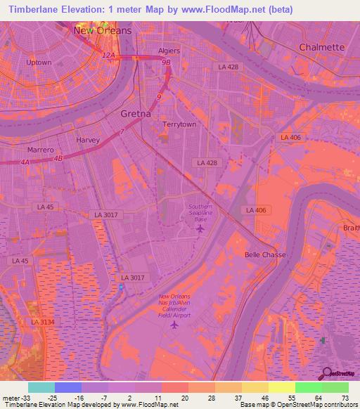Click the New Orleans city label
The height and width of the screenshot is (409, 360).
click(102, 31)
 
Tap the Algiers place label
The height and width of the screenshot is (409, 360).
click(169, 51)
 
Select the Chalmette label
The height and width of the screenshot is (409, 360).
click(322, 47)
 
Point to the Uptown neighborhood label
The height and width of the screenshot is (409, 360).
click(39, 63)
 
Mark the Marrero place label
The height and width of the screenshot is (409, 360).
click(41, 150)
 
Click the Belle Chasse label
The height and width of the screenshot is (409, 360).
click(264, 254)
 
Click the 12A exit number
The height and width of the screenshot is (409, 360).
click(108, 55)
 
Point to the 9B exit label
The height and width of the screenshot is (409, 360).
click(167, 63)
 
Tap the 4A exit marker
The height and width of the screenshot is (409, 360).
click(25, 162)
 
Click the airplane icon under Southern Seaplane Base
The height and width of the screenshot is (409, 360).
click(200, 228)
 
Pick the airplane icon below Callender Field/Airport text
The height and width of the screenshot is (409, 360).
click(175, 324)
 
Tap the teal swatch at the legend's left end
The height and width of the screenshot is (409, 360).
click(41, 387)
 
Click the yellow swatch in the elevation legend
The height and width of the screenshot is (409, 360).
click(281, 387)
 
